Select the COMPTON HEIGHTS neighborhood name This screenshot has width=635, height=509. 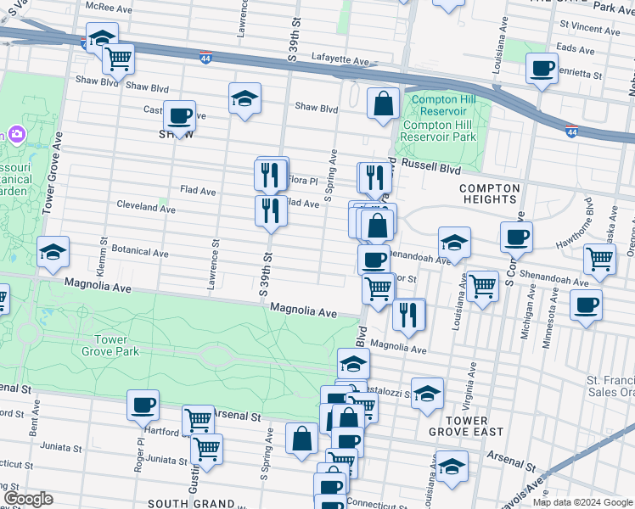488,193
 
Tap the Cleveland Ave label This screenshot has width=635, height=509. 146,207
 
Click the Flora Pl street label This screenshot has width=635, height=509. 302,181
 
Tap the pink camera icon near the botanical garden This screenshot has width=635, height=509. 15,135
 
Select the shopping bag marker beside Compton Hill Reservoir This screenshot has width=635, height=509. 384,104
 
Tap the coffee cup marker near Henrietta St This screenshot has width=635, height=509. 542,70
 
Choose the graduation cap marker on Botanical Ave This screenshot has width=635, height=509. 53,252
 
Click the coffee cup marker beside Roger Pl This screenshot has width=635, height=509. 143,406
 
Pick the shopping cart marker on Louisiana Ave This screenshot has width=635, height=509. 482,287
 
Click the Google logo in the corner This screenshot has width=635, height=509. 28,499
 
